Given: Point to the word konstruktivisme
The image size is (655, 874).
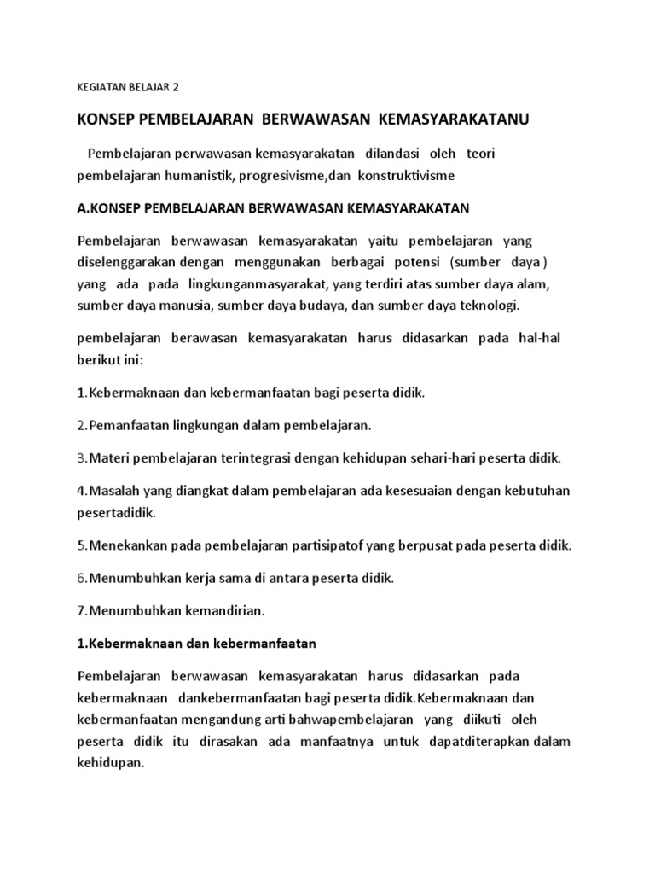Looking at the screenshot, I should tap(397, 175).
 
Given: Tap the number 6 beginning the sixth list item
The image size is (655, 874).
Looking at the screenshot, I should tap(80, 578).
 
